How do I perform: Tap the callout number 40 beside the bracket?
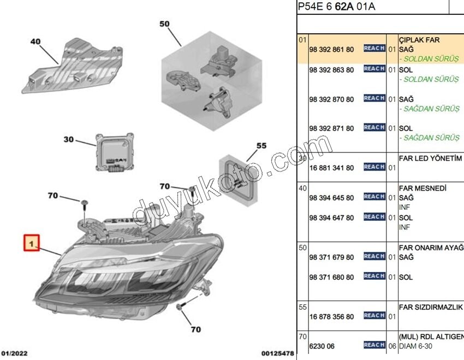pos(35,42)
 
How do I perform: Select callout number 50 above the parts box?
pos(165,24)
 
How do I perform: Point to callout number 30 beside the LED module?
pos(68,140)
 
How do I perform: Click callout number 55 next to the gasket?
pos(261,146)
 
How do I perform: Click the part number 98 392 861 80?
pos(331,49)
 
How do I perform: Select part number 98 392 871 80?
pos(331,128)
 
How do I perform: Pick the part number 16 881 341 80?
pos(331,168)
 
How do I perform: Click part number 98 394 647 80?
pos(331,217)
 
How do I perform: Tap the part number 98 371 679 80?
pos(331,257)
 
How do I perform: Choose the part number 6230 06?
pos(322,346)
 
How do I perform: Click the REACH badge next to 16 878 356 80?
pos(374,316)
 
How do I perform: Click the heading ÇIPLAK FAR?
pos(419,40)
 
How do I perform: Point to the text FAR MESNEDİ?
pos(423,188)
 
